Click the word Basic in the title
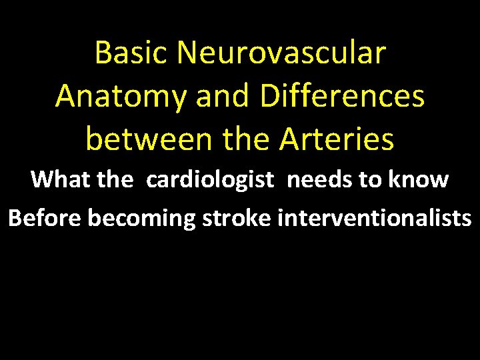[x=133, y=53]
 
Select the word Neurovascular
[x=281, y=53]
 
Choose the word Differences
[x=343, y=97]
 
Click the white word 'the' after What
[x=115, y=179]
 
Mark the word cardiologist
[x=210, y=180]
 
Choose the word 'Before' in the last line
[x=45, y=218]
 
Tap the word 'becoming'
[x=140, y=219]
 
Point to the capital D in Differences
[x=272, y=97]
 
